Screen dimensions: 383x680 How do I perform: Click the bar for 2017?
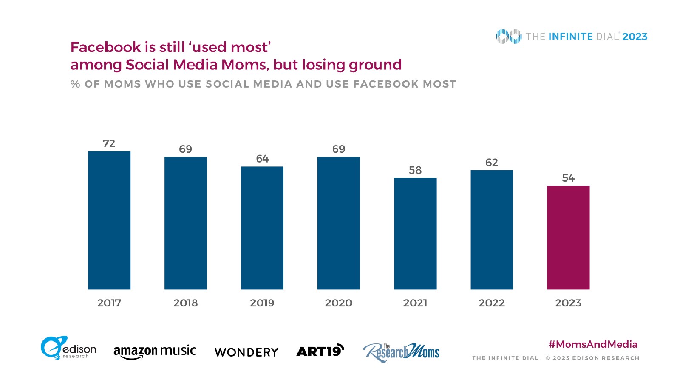(109, 220)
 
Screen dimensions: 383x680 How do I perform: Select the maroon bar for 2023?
(568, 237)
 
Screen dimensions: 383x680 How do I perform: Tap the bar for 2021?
(415, 233)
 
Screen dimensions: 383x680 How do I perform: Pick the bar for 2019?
(262, 228)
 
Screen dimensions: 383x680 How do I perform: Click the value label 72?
(109, 143)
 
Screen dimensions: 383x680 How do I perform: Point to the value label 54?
(568, 178)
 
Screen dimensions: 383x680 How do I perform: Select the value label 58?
(415, 170)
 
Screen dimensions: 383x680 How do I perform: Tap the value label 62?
(492, 163)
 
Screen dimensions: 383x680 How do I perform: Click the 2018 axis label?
(186, 303)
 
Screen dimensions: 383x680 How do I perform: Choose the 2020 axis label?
(339, 303)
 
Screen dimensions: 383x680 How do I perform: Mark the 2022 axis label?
(492, 303)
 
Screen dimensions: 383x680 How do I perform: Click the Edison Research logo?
(68, 348)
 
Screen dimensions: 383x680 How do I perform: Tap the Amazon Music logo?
(155, 352)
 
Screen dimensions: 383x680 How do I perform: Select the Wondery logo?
(246, 352)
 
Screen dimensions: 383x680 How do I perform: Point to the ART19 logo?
(320, 351)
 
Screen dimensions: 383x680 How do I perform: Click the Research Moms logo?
(401, 352)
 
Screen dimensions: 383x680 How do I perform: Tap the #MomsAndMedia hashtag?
(593, 344)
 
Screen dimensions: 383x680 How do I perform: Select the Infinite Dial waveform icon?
(508, 37)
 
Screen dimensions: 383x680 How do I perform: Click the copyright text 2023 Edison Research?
(592, 358)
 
